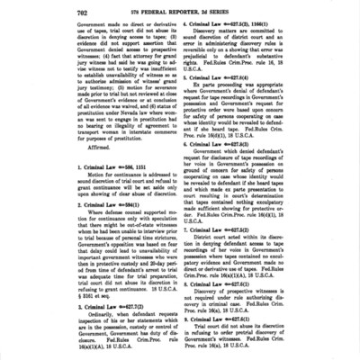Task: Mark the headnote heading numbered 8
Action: coord(226,284)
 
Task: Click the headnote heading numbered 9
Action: coord(226,317)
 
